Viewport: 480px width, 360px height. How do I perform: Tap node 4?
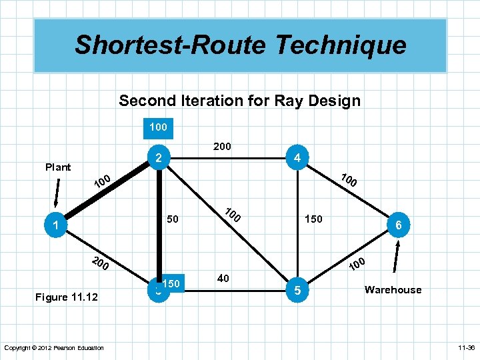pos(295,158)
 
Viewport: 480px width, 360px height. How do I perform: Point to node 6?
pos(398,226)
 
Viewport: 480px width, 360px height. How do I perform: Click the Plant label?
pos(58,167)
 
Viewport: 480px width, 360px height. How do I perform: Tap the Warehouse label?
pos(393,289)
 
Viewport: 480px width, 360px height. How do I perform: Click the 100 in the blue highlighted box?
pos(158,127)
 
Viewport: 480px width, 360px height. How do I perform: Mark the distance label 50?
pos(173,219)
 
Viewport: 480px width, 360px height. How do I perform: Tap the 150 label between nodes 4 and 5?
pos(313,219)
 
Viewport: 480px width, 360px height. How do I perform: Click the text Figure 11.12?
pos(66,297)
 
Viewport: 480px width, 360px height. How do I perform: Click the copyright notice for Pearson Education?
pos(54,347)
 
